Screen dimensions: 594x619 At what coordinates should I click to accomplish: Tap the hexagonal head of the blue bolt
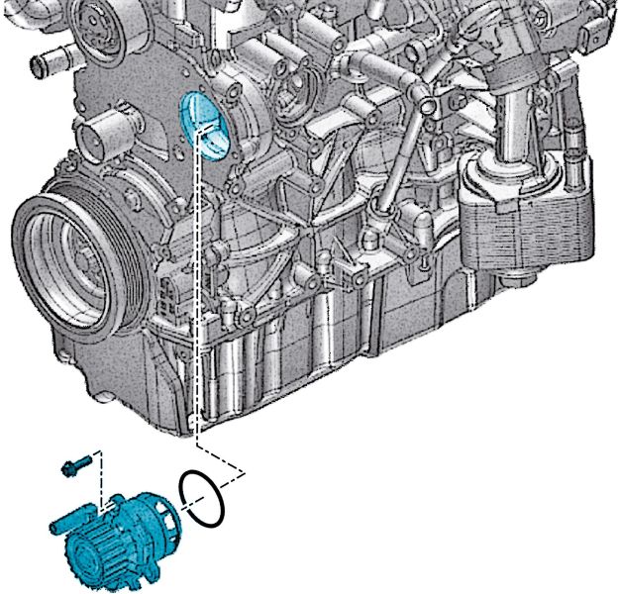click(x=66, y=467)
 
